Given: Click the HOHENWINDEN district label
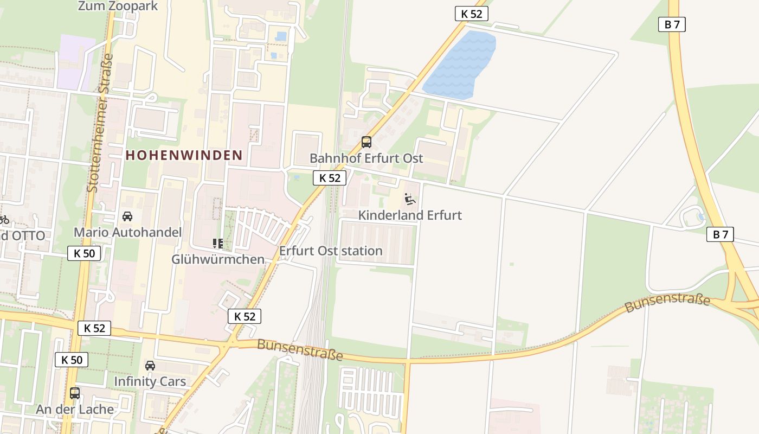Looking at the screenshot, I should (184, 155).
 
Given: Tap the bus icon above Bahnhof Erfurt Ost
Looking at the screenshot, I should (366, 142).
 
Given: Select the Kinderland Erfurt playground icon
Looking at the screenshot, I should (410, 199).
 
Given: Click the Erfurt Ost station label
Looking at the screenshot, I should (331, 251).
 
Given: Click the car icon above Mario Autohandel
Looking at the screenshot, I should (127, 216).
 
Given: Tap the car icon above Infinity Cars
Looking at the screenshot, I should (150, 366).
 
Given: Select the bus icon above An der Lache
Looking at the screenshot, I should (75, 393).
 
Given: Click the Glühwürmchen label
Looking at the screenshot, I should (218, 259).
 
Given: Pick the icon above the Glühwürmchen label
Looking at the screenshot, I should (218, 243).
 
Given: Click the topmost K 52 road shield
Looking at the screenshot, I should (471, 14).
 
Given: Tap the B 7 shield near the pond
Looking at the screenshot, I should (672, 24).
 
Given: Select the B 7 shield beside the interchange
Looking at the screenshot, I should (720, 234).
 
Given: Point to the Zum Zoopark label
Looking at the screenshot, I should (118, 6).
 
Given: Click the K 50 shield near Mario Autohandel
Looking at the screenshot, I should (84, 253).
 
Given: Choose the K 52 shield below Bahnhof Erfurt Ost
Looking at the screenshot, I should (329, 178).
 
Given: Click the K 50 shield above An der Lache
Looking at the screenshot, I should (71, 360).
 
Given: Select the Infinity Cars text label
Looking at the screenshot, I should (150, 381).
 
